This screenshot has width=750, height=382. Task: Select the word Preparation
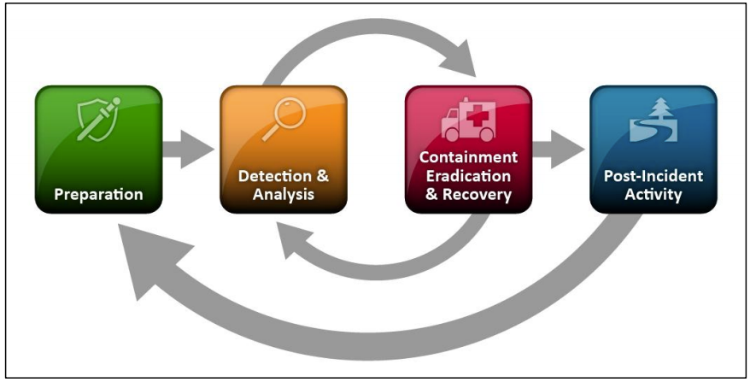tap(98, 194)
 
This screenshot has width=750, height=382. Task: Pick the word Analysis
tap(283, 195)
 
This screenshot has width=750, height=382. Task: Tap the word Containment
tap(468, 158)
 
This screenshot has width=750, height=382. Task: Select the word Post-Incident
tap(653, 177)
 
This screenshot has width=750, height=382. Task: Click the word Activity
tap(653, 195)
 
